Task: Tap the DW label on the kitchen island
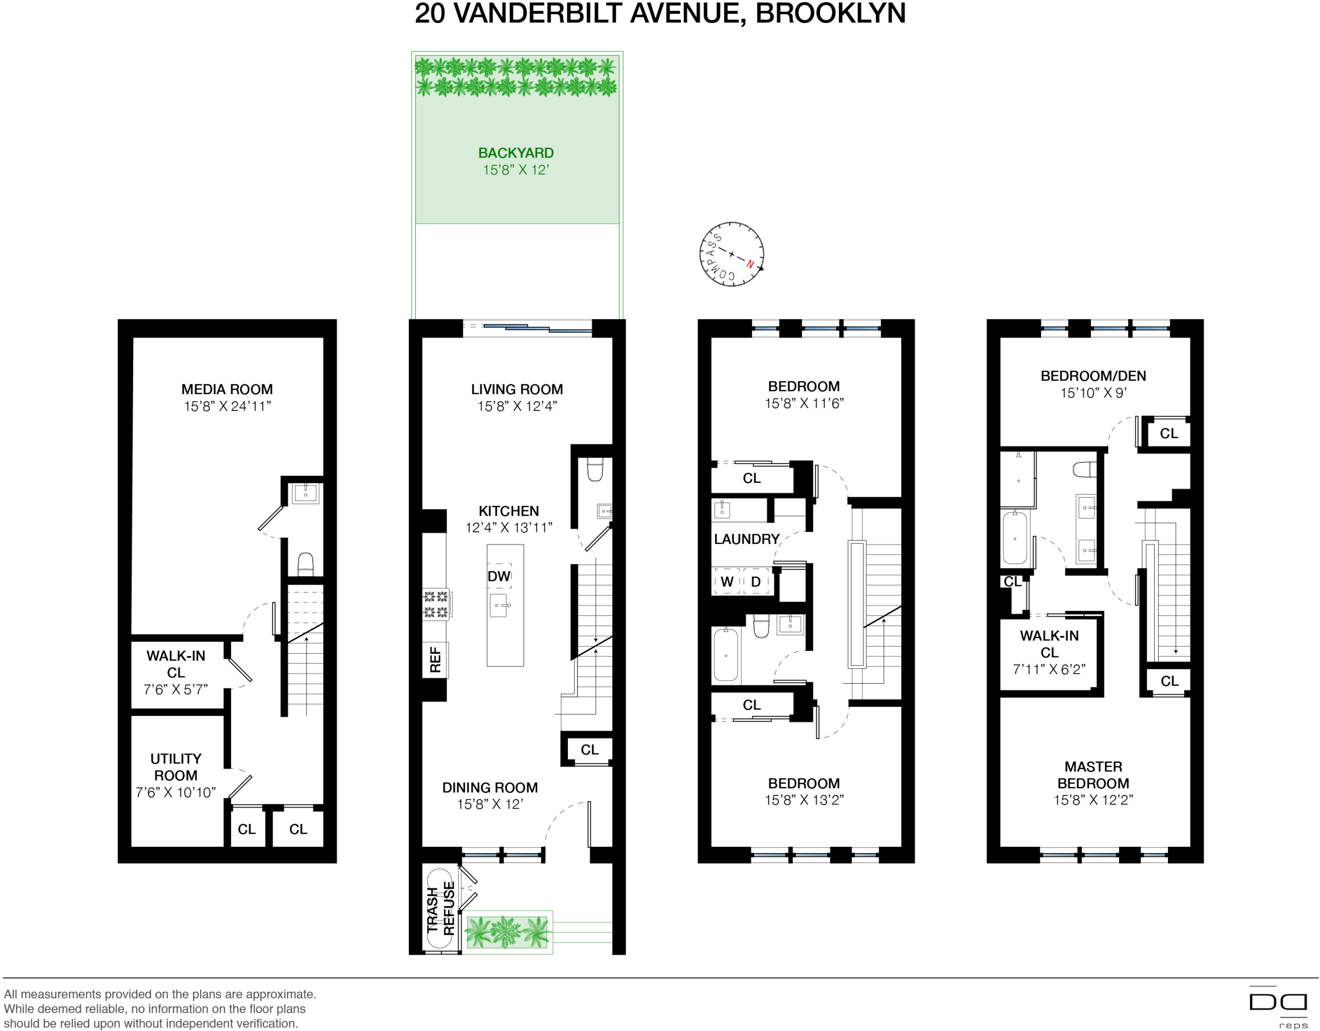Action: pos(499,576)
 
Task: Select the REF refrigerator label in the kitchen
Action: pos(435,660)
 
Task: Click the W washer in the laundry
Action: pos(727,581)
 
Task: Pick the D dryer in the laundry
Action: pos(756,581)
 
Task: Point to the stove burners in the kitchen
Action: pos(436,604)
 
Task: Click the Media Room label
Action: pos(227,390)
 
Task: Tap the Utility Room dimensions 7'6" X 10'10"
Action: pos(176,792)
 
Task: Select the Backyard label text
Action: pos(515,153)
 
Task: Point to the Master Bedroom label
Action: pos(1093,775)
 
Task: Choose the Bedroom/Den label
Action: pos(1093,376)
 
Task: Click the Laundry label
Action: pos(746,539)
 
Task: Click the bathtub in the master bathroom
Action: pos(1015,537)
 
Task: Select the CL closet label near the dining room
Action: pos(589,750)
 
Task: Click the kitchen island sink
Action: pos(498,605)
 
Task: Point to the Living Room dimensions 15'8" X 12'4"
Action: pos(517,406)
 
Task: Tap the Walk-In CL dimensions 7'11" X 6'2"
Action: pos(1049,669)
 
